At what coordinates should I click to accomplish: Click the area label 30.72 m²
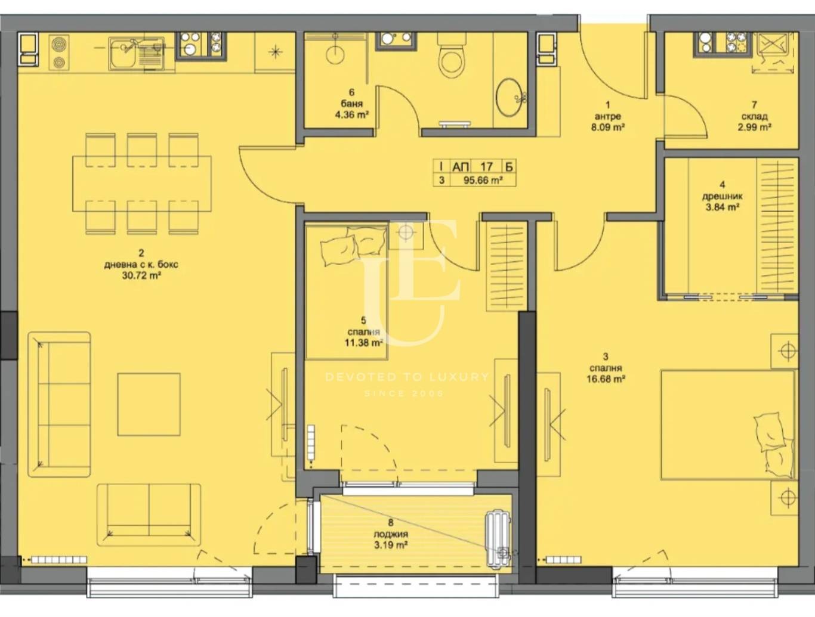pyautogui.click(x=141, y=275)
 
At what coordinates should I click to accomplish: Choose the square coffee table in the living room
pyautogui.click(x=149, y=404)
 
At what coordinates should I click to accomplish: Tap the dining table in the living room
pyautogui.click(x=141, y=184)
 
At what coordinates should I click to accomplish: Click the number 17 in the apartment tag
pyautogui.click(x=486, y=167)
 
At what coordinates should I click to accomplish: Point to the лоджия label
pyautogui.click(x=391, y=534)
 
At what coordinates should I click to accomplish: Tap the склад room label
pyautogui.click(x=755, y=116)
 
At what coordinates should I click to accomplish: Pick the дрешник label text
pyautogui.click(x=722, y=196)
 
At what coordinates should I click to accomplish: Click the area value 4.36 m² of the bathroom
pyautogui.click(x=351, y=114)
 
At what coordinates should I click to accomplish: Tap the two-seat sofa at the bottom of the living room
pyautogui.click(x=149, y=514)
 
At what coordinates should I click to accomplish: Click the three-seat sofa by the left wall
pyautogui.click(x=59, y=404)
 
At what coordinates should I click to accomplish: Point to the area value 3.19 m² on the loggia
pyautogui.click(x=391, y=545)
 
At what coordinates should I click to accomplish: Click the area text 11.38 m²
pyautogui.click(x=363, y=343)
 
